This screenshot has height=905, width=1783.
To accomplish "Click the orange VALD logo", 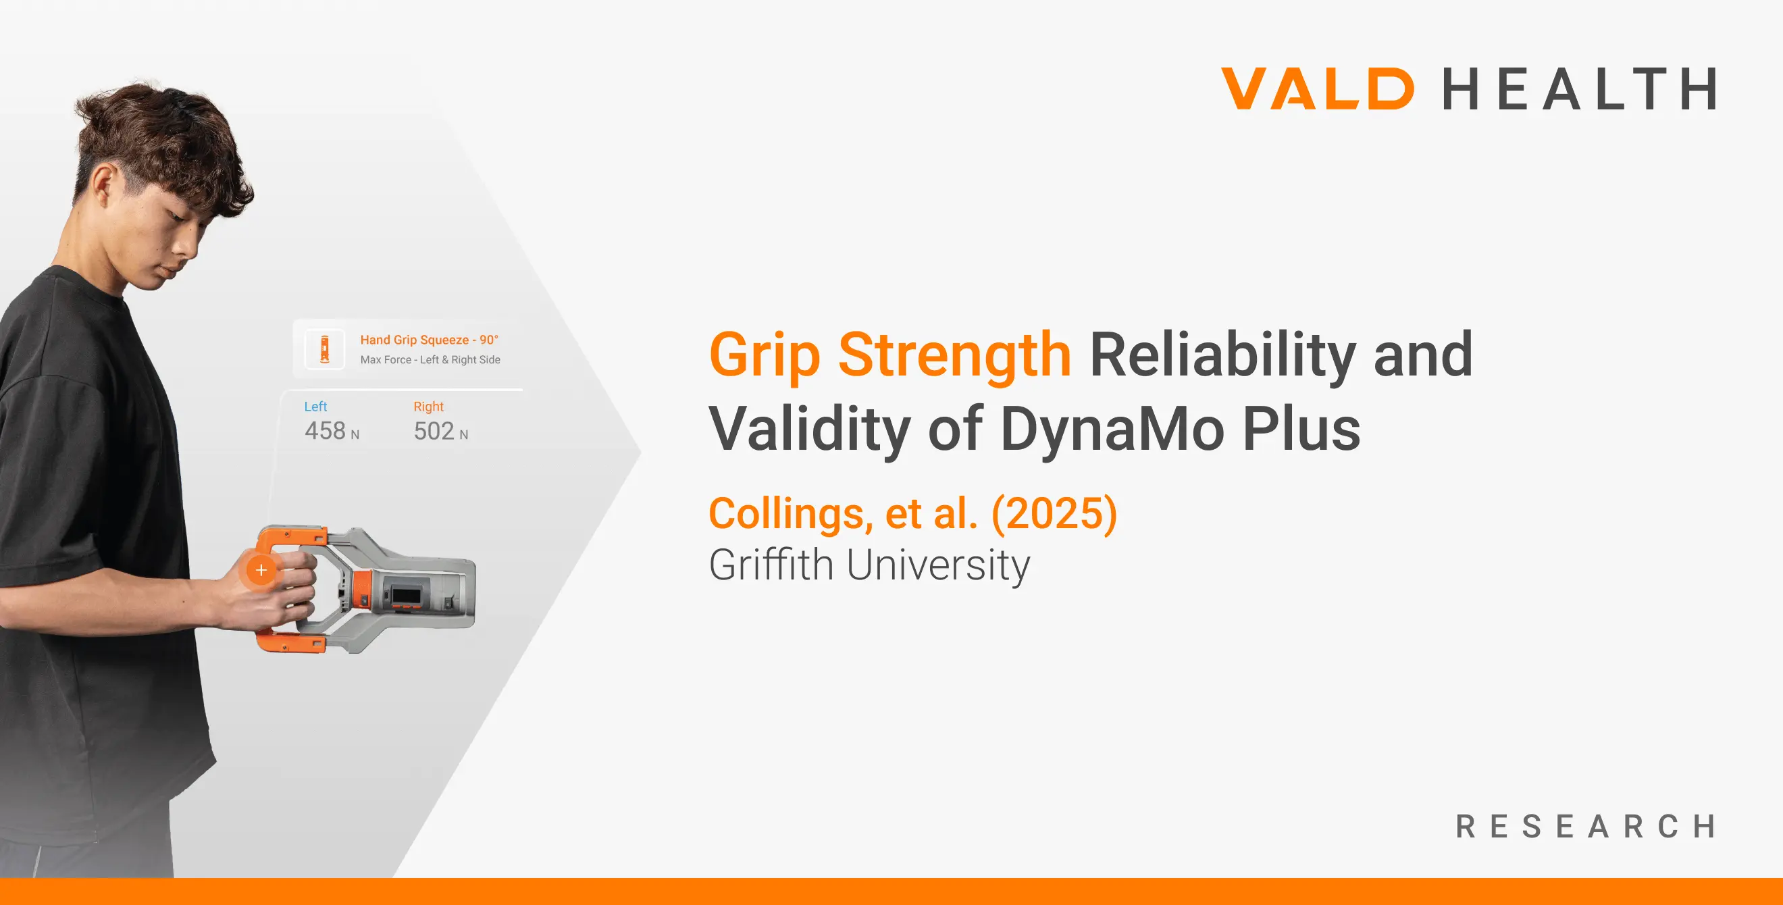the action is point(1317,88).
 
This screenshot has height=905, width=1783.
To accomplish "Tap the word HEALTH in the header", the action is point(1580,88).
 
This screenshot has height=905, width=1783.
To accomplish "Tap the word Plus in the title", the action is point(1302,428).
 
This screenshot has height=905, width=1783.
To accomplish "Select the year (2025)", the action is point(1054,514).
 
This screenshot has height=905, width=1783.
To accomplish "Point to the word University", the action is point(939,565).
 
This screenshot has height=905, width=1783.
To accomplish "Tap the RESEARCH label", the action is point(1586,826).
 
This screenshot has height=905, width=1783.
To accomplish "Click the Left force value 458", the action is point(325,431).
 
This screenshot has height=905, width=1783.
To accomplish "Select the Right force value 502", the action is point(434,431).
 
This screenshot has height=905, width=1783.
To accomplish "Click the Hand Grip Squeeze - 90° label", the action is point(429,340).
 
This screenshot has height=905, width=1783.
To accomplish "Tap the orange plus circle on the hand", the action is point(261,570).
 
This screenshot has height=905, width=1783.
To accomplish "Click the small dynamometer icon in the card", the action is point(325,349).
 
